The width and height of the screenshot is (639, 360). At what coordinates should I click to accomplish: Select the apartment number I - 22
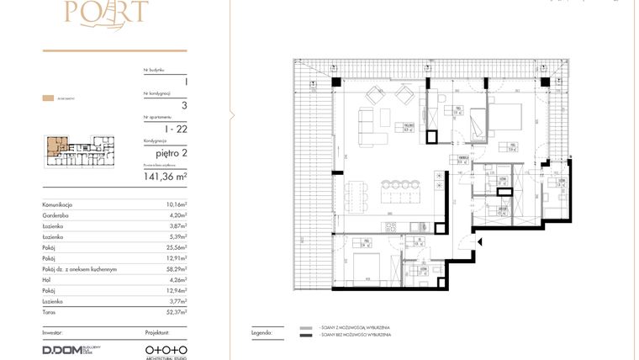175,128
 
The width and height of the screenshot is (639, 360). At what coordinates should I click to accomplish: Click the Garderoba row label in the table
60,214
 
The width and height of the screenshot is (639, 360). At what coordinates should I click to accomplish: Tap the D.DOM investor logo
61,349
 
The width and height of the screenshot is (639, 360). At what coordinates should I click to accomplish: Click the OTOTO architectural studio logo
166,348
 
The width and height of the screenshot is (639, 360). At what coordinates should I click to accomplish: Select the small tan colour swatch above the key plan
47,98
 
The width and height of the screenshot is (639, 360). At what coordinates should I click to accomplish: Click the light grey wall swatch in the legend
306,327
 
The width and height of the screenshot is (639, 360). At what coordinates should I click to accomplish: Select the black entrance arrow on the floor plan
479,242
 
